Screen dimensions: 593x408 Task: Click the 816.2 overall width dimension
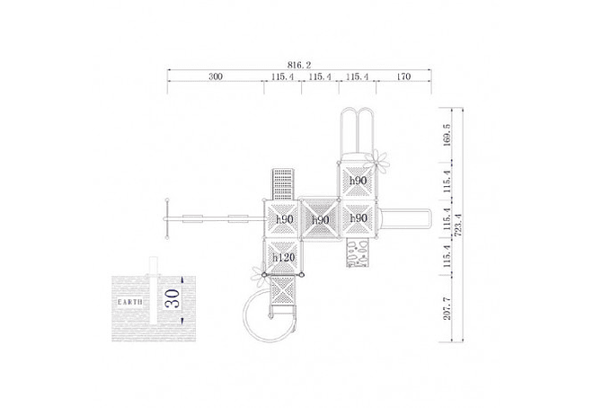(x=299, y=65)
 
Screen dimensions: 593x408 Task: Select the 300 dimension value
(x=216, y=76)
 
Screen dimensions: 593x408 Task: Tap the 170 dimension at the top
(x=403, y=76)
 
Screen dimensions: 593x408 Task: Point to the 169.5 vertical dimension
(x=447, y=135)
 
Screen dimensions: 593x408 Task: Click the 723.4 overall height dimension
(x=458, y=225)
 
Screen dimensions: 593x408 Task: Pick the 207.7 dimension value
(x=447, y=308)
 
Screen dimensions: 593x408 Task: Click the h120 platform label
(x=284, y=258)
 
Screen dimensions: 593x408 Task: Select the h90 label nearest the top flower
(x=358, y=181)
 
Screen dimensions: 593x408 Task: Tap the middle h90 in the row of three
(x=321, y=219)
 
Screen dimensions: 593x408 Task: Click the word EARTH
(x=130, y=302)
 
